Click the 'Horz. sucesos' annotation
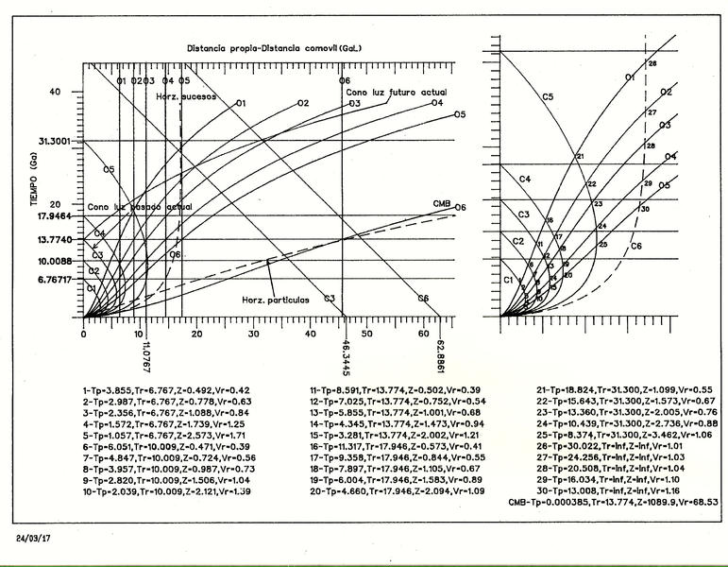click(186, 97)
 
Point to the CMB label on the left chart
click(440, 204)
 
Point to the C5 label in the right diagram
click(549, 96)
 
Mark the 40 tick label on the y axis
click(55, 91)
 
